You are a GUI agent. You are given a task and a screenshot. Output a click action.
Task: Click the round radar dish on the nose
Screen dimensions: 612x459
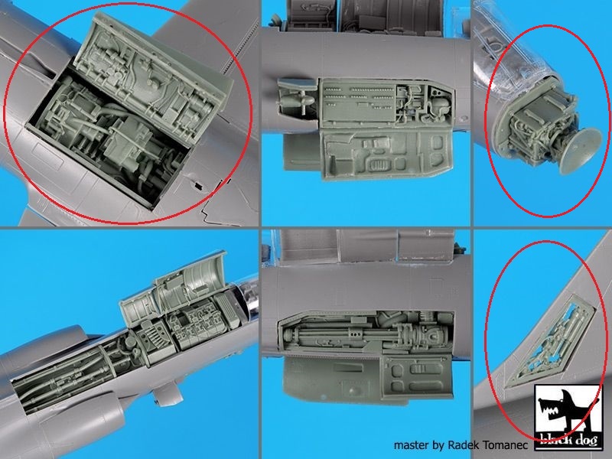pos(581,150)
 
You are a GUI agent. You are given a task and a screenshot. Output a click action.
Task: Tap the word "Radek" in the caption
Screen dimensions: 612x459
pos(464,445)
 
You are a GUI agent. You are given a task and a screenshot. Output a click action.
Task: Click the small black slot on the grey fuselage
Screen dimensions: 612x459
pos(198,186)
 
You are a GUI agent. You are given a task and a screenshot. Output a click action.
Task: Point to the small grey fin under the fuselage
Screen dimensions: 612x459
pos(168,395)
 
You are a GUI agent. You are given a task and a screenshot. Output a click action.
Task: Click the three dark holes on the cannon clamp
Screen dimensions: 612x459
pos(356,334)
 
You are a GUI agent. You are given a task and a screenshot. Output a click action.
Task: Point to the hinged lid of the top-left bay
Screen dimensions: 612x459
pos(156,78)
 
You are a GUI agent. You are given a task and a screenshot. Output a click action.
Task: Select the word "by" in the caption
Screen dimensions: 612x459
pos(438,446)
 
